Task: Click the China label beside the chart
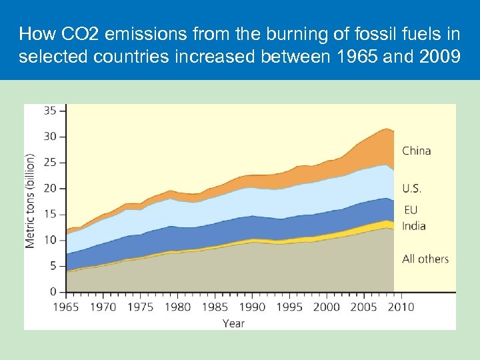416,151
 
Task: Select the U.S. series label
412,189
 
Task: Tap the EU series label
411,210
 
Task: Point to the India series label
413,226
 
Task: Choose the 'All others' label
425,259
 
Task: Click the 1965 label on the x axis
67,307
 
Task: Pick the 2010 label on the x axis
400,307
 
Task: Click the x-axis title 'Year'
233,323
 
